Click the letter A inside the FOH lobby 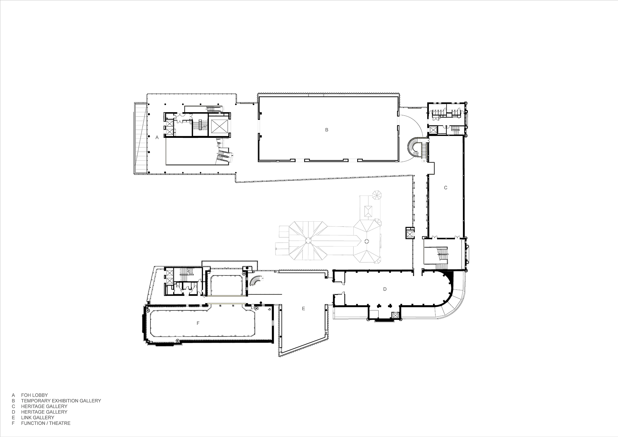(157, 138)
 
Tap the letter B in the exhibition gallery (327, 130)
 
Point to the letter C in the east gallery (446, 188)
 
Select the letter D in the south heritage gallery (385, 289)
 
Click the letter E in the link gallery (303, 308)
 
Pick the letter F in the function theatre (198, 323)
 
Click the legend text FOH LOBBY (34, 395)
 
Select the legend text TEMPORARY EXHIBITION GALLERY (61, 401)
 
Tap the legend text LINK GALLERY (37, 418)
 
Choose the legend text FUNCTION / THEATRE (46, 423)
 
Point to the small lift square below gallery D (395, 316)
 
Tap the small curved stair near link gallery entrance (256, 281)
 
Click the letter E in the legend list (13, 418)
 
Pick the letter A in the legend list (13, 395)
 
